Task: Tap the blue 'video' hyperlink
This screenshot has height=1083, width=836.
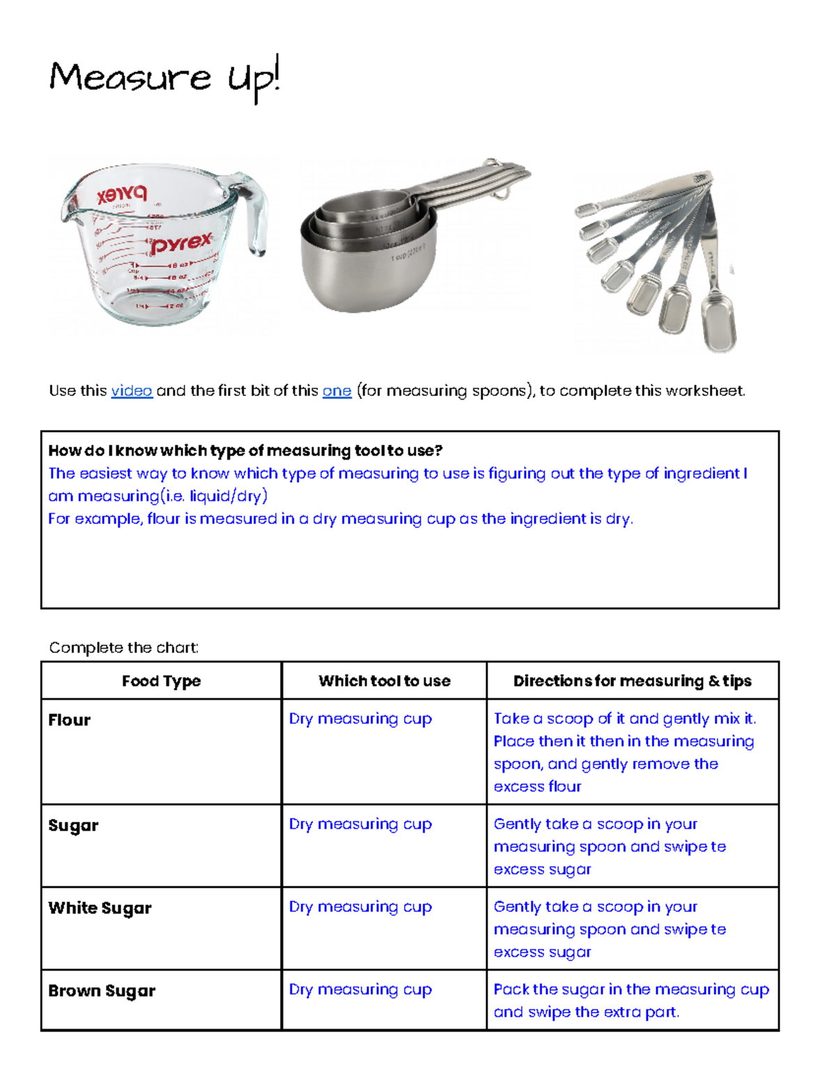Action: [x=132, y=391]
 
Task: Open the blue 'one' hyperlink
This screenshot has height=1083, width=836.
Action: [x=336, y=391]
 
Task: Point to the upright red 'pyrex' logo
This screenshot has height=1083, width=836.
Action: [x=182, y=244]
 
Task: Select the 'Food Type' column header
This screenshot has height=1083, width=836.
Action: [x=161, y=681]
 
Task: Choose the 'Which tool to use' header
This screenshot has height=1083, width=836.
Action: [x=384, y=681]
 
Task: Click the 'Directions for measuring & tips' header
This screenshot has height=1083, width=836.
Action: [x=632, y=681]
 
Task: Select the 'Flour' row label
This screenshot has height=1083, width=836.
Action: [x=70, y=720]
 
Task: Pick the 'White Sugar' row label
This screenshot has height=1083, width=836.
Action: [x=100, y=908]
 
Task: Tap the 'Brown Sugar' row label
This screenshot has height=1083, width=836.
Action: [x=102, y=991]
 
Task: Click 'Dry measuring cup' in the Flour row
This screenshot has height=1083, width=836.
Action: [x=360, y=719]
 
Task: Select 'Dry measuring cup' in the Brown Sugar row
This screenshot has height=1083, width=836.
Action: [x=360, y=990]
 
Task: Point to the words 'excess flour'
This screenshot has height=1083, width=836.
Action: [x=537, y=787]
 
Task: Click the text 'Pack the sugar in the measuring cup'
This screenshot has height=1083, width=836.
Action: [x=631, y=990]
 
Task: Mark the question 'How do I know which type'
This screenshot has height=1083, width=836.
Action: [x=245, y=450]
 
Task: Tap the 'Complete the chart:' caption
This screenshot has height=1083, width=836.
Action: [x=124, y=648]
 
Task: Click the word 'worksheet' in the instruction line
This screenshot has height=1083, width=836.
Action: [x=704, y=391]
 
